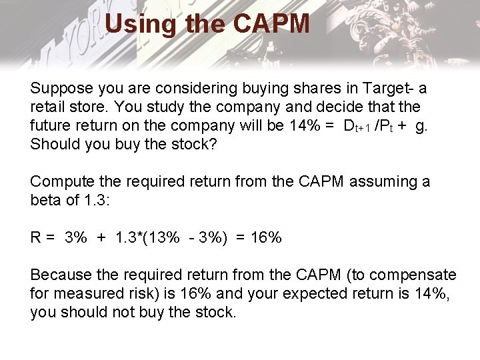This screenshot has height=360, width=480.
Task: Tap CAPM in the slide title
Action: pos(271,25)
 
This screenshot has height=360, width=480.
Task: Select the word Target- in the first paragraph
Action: pos(391,88)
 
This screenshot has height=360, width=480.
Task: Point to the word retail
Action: pos(47,107)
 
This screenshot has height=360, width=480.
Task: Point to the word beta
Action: pos(46,200)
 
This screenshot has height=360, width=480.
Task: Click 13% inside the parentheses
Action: pos(163,237)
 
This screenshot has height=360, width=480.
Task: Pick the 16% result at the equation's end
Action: pos(266,237)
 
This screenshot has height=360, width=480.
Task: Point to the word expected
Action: pos(317,293)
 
